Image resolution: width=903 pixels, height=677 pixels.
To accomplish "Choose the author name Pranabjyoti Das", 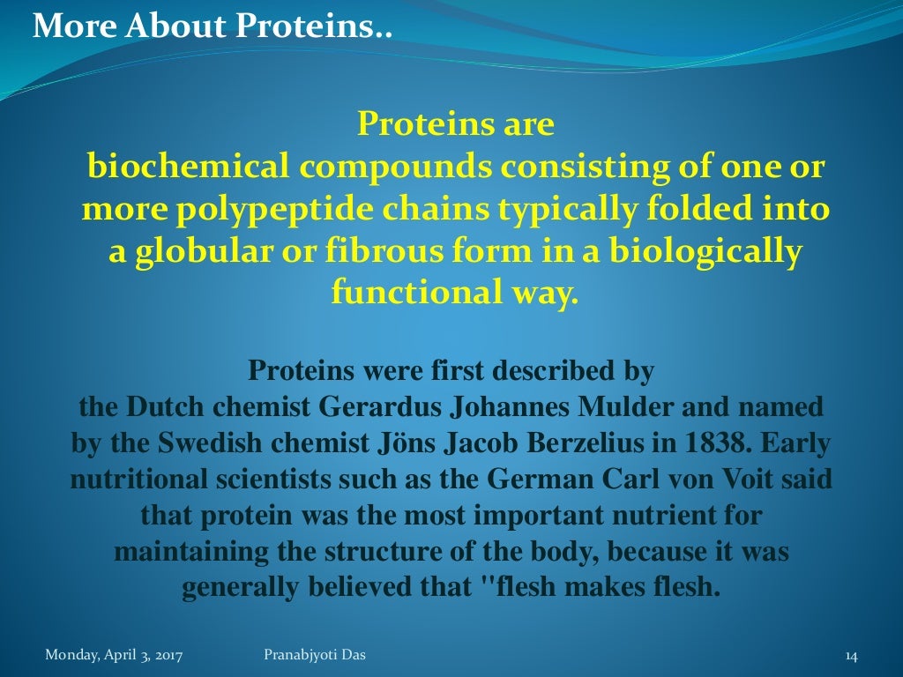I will click(x=315, y=655).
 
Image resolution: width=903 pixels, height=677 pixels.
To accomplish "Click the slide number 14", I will click(x=851, y=656).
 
